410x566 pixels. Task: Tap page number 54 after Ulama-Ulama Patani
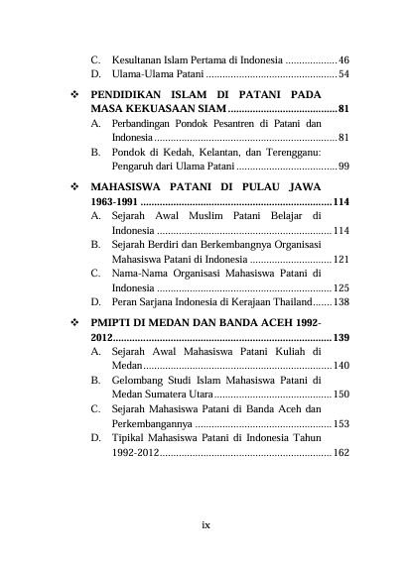coord(342,74)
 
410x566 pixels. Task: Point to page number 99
coord(342,169)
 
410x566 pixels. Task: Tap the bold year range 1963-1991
coord(113,201)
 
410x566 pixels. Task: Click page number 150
coord(341,395)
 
